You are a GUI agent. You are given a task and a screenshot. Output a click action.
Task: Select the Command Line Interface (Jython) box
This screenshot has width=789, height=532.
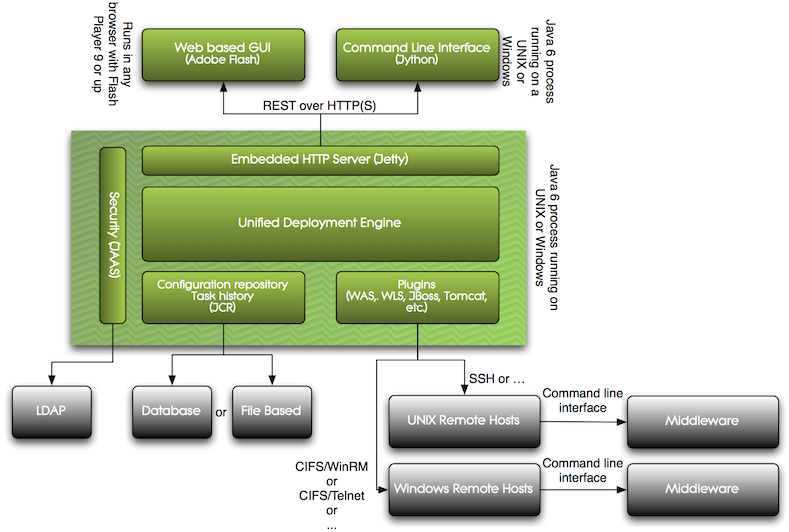tap(416, 53)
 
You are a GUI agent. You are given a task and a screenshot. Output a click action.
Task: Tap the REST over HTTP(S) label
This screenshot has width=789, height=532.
tap(319, 105)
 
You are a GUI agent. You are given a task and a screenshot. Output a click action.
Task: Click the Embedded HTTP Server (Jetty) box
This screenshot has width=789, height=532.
tap(320, 160)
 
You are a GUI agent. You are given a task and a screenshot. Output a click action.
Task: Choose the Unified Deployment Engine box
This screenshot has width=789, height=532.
tap(320, 222)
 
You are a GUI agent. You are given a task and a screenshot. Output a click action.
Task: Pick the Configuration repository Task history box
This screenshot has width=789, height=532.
tap(221, 297)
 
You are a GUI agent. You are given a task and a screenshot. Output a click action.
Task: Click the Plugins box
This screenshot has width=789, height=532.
tap(416, 297)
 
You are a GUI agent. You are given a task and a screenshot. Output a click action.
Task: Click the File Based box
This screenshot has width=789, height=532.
tap(268, 411)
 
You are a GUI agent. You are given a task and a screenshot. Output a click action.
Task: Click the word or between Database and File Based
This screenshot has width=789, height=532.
tap(220, 411)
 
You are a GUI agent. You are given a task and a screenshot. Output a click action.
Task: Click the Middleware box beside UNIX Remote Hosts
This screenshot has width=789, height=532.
tap(702, 420)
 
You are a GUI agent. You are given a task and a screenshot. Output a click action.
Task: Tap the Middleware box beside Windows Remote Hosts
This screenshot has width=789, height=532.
tap(702, 489)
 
